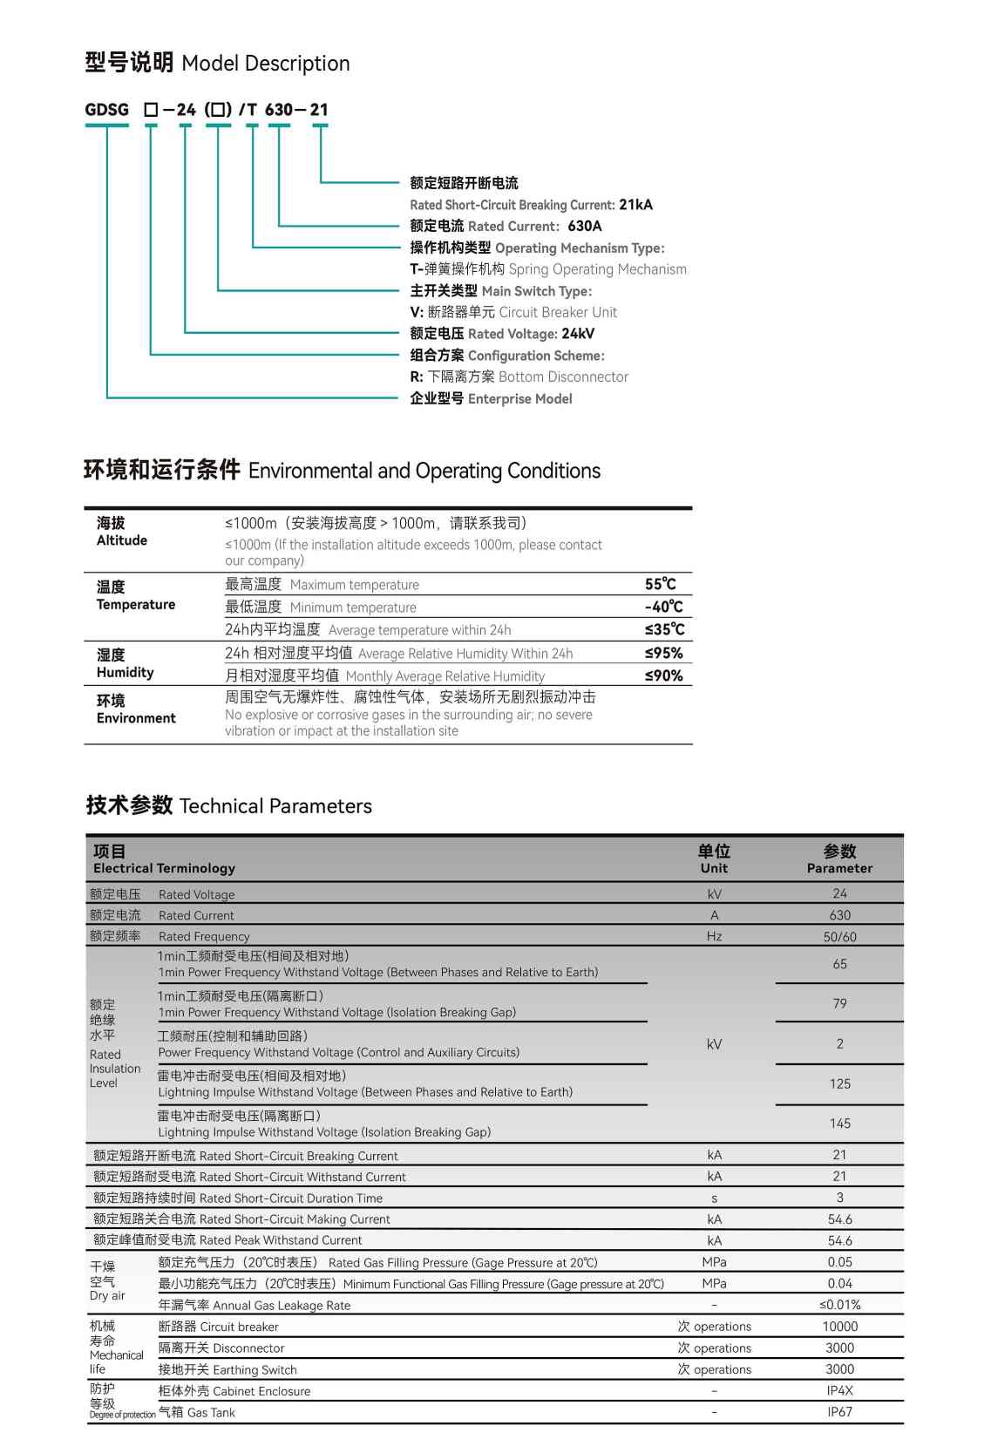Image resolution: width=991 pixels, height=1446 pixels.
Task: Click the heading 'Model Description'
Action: [x=265, y=64]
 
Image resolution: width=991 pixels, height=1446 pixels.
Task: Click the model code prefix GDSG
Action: [x=106, y=110]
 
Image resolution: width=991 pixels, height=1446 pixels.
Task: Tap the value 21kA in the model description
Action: [x=635, y=205]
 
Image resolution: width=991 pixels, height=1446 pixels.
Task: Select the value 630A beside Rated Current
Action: [x=584, y=226]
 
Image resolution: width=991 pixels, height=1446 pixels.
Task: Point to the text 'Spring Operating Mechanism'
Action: [x=597, y=269]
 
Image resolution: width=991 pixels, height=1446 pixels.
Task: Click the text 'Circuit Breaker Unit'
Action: [x=557, y=312]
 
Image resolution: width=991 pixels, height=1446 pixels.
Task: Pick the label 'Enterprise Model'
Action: [x=519, y=398]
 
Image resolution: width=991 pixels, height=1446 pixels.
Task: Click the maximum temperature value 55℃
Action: [x=660, y=584]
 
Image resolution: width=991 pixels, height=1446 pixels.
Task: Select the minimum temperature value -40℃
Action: [x=663, y=607]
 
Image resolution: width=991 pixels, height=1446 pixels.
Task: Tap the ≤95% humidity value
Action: [x=663, y=653]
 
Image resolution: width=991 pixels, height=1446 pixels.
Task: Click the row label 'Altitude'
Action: [x=122, y=540]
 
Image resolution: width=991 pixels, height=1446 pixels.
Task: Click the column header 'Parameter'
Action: [x=839, y=868]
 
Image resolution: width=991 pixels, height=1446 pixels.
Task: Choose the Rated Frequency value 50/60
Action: [x=839, y=937]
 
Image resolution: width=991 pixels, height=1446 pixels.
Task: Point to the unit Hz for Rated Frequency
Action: [x=714, y=937]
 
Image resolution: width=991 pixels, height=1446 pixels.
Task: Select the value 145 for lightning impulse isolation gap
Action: [x=839, y=1124]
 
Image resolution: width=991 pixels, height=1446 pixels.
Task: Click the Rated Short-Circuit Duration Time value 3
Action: [x=839, y=1198]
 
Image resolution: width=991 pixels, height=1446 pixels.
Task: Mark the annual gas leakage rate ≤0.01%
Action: [x=839, y=1305]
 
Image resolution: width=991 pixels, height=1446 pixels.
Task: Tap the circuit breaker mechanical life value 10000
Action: [x=839, y=1327]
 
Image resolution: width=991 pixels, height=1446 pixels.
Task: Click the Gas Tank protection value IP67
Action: [x=839, y=1412]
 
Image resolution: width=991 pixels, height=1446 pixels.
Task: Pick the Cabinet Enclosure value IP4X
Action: [x=839, y=1391]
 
